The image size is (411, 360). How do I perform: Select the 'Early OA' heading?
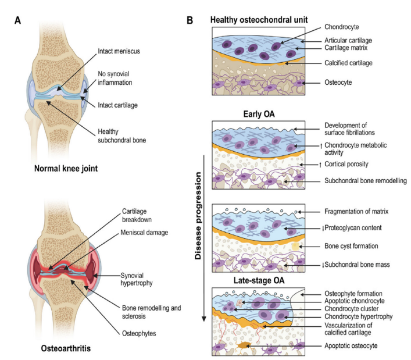click(x=259, y=115)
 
